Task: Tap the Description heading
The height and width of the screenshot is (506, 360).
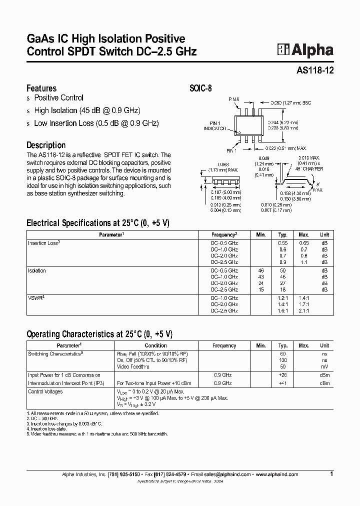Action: coord(45,145)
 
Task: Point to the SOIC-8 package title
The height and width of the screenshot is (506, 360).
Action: coord(201,88)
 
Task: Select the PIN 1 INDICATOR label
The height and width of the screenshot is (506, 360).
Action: coord(215,125)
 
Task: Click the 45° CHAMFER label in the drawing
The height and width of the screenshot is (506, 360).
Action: coord(310,168)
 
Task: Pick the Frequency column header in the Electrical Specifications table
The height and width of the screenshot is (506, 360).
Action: coord(224,234)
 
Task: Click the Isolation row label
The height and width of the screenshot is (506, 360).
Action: coord(37,271)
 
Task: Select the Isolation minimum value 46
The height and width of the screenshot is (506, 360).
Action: coord(261,271)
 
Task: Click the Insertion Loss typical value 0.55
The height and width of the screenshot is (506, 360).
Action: coord(282,242)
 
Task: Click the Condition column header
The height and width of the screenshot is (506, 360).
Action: coord(155,345)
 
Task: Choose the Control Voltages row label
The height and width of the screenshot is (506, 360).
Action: coord(45,392)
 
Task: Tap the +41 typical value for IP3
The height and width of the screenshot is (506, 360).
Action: coord(282,383)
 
